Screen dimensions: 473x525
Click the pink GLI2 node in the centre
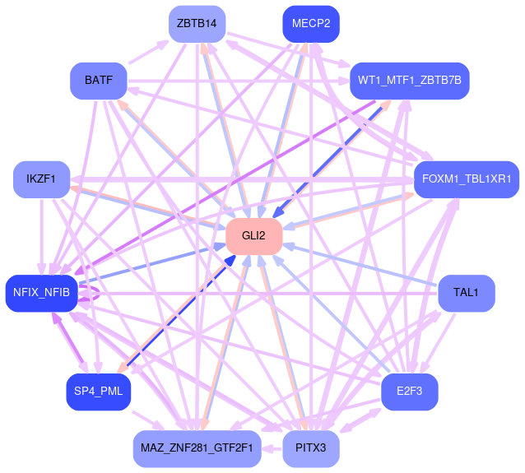pos(254,236)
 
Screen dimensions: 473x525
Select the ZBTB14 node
pos(197,24)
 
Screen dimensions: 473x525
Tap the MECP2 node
pos(311,24)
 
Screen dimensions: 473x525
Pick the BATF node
pos(98,81)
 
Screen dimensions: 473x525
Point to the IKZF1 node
pos(41,179)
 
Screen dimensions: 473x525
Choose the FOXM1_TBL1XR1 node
pos(466,179)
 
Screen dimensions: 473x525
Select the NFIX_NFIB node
pos(41,292)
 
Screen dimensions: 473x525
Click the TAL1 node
pos(467,293)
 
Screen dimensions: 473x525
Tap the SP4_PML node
pos(98,392)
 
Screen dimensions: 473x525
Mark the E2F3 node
pos(409,392)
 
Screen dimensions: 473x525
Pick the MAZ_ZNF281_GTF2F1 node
pos(197,448)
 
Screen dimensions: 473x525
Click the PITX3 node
pos(311,448)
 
